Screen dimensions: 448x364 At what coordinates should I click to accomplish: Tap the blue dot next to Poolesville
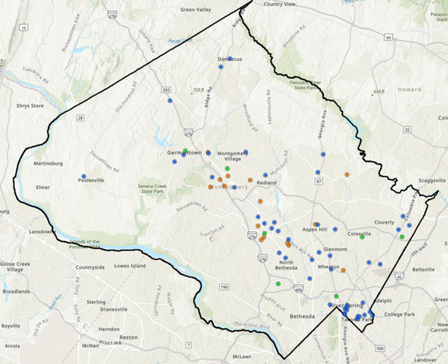pos(84,176)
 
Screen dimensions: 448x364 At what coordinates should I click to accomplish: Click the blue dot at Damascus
pos(230,58)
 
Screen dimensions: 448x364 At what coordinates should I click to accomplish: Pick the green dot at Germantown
pos(186,150)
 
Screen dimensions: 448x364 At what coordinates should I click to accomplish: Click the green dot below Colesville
pos(362,237)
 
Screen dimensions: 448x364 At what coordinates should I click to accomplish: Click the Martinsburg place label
pos(48,164)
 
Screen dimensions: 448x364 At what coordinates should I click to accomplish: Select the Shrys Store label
pos(31,105)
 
